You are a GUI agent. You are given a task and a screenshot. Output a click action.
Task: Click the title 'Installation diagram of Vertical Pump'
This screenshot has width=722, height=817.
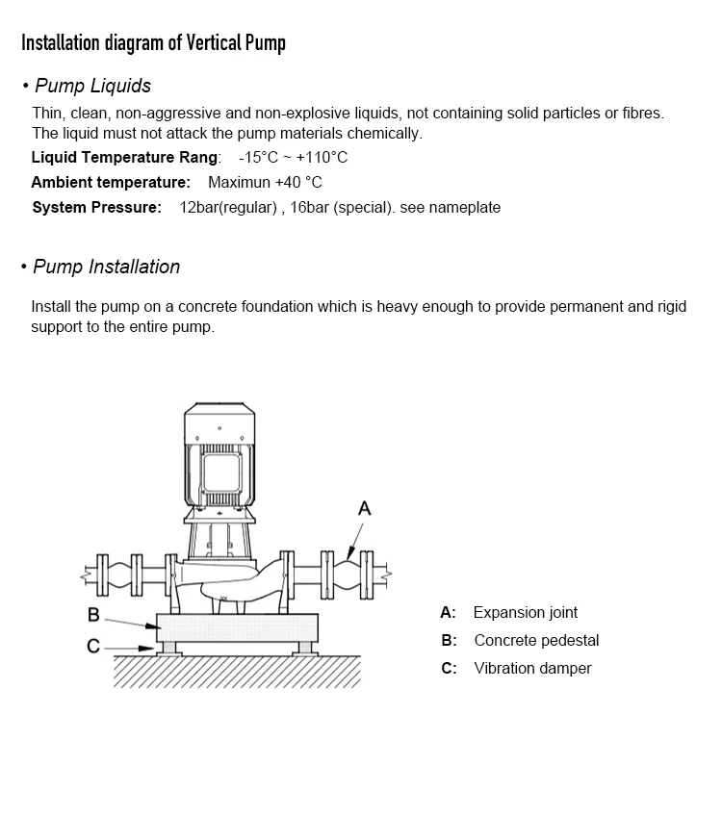click(x=153, y=43)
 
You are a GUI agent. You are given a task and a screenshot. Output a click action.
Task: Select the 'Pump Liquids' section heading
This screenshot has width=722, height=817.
click(x=92, y=86)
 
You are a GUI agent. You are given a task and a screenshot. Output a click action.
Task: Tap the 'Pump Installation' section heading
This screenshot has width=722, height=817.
click(x=106, y=267)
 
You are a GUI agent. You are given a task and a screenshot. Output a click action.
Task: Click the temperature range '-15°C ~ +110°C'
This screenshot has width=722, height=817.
click(x=293, y=157)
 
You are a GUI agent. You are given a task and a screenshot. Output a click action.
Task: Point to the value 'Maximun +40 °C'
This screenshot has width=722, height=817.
click(x=265, y=182)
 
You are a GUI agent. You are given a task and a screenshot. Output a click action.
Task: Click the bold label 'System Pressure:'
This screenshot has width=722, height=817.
click(x=96, y=207)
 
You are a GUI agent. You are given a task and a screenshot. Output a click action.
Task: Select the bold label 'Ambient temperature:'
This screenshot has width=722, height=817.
click(x=111, y=182)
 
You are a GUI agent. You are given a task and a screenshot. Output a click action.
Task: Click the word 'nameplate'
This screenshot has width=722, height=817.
click(x=465, y=207)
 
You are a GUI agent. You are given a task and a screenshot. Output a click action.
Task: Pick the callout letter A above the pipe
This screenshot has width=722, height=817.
click(x=364, y=508)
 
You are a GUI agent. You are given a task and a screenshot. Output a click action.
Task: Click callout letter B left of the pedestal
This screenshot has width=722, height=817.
click(x=93, y=615)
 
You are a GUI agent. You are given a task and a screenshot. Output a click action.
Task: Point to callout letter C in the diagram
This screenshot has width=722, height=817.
click(x=93, y=647)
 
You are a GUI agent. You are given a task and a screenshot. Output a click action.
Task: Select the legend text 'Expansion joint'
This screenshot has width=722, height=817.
click(x=526, y=612)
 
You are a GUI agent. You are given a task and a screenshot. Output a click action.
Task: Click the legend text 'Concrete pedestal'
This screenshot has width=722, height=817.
click(x=536, y=640)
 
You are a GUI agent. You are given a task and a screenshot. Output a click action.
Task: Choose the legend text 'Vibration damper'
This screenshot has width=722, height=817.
click(x=532, y=668)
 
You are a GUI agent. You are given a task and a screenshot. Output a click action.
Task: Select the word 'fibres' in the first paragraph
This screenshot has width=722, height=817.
click(x=643, y=113)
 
